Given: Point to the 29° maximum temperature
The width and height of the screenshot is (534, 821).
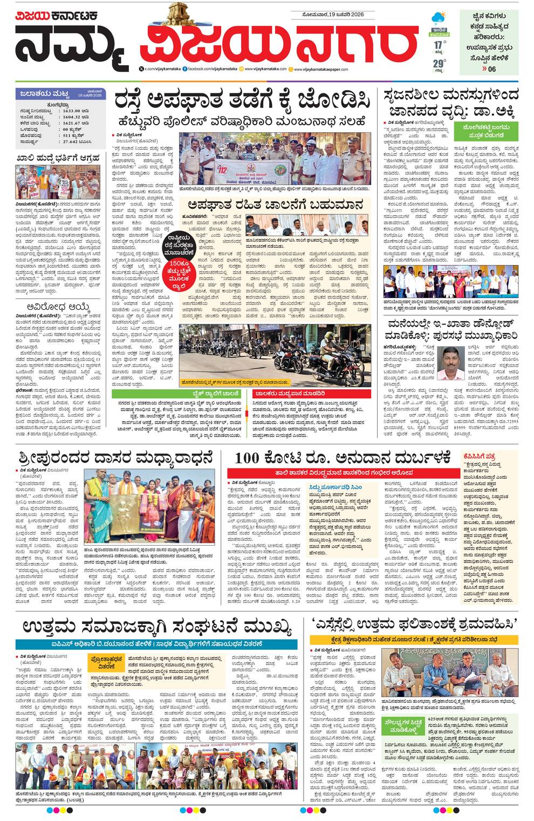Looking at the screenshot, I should point(439,64).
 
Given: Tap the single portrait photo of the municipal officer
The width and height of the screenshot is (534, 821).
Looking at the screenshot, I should point(450,363).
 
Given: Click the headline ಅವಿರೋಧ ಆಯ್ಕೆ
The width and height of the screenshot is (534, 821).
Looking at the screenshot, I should point(58,307).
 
